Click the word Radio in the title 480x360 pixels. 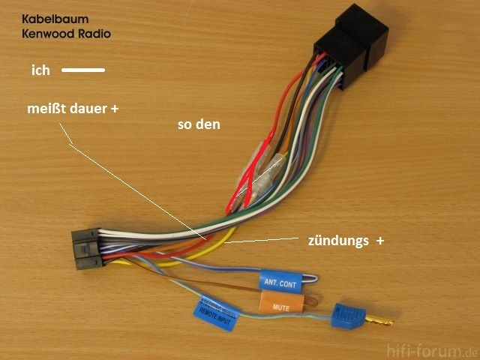(92, 34)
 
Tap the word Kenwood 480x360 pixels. (46, 34)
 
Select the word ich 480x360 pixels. (40, 70)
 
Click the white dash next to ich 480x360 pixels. (82, 71)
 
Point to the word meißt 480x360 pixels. (44, 109)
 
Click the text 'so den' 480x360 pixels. (199, 124)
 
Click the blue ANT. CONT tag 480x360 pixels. (279, 283)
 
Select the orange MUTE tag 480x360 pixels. (280, 305)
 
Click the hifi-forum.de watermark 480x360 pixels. (430, 351)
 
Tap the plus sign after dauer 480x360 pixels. (115, 109)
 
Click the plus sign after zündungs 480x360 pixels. (380, 241)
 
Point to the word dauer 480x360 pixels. (85, 109)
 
